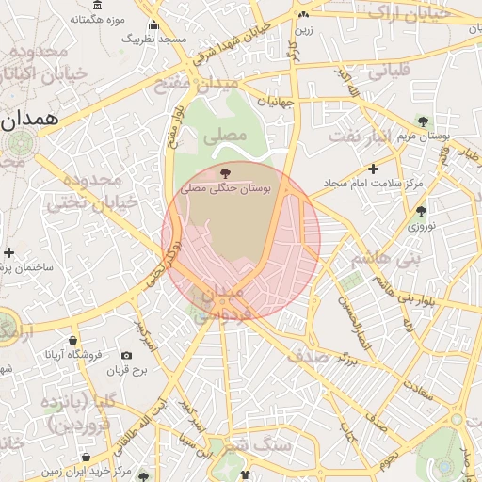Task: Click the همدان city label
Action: pyautogui.click(x=30, y=120)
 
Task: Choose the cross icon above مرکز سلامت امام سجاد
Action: pyautogui.click(x=374, y=169)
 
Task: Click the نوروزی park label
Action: pyautogui.click(x=420, y=227)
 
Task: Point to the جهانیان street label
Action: pyautogui.click(x=275, y=100)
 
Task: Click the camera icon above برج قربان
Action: pyautogui.click(x=127, y=355)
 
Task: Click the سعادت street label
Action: pyautogui.click(x=419, y=387)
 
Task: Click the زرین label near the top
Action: pyautogui.click(x=302, y=29)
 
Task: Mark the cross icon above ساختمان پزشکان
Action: pyautogui.click(x=9, y=253)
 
